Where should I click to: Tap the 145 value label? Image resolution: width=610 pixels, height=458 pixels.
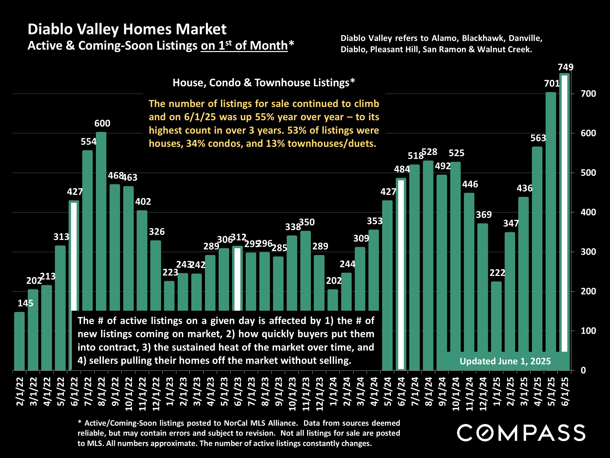point(25,303)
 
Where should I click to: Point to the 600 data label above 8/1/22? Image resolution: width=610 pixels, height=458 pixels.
point(102,123)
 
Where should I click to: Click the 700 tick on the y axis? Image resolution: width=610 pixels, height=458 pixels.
point(588,94)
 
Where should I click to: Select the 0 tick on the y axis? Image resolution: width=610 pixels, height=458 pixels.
point(583,371)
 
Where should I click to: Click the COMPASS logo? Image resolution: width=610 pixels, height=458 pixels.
point(521,433)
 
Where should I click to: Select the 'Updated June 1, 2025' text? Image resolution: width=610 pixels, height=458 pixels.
point(505,361)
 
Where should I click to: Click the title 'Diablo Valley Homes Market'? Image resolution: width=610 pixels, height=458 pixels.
point(127,29)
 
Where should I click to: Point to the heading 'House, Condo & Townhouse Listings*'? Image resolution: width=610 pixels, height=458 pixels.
point(264,83)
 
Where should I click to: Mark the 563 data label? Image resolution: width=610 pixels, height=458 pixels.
point(538,138)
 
